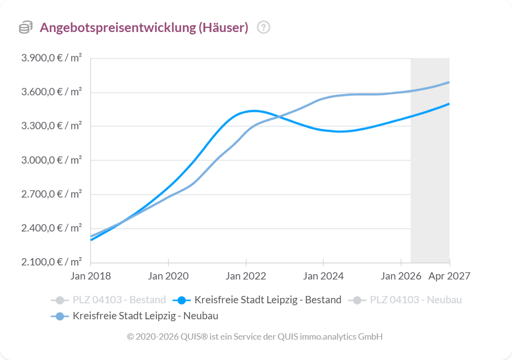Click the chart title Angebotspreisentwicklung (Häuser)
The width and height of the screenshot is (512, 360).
(x=144, y=28)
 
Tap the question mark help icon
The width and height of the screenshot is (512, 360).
(x=263, y=28)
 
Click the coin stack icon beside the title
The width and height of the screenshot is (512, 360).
(x=26, y=28)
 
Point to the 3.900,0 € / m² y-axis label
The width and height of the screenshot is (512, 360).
(x=51, y=58)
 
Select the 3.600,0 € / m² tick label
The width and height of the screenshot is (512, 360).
(x=51, y=92)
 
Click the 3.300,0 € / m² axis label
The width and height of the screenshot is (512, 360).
(x=51, y=126)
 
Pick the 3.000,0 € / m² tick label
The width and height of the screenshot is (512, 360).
(x=51, y=160)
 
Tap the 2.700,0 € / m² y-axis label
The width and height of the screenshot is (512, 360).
(x=51, y=194)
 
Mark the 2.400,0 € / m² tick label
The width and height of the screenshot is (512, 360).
(x=51, y=228)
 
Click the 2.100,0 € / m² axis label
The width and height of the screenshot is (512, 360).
(x=51, y=262)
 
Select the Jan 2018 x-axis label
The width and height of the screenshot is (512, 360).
(x=91, y=276)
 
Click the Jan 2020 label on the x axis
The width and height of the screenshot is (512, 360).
(x=168, y=276)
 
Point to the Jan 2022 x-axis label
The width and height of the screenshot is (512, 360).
(x=246, y=276)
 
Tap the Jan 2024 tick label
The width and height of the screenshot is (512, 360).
(x=323, y=276)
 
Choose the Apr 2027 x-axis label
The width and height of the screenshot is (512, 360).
(x=449, y=276)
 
